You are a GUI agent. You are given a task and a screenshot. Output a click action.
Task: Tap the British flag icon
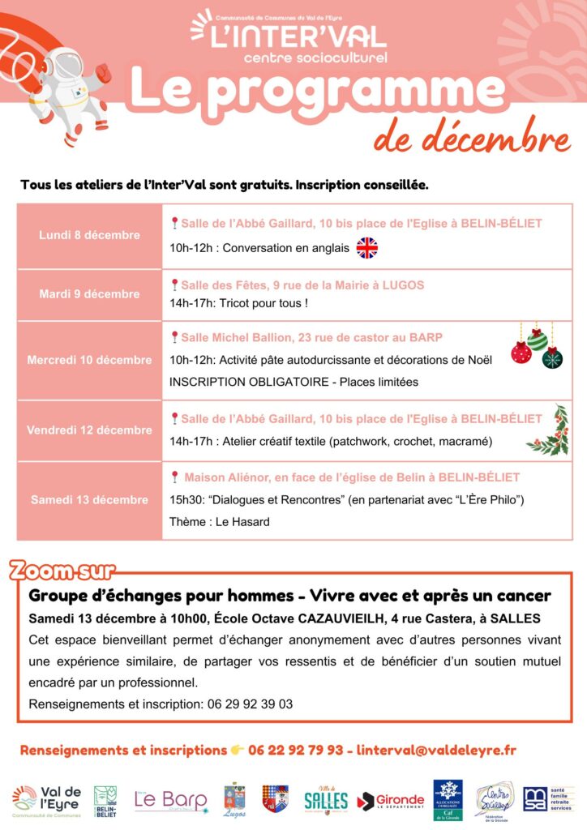[x=367, y=248]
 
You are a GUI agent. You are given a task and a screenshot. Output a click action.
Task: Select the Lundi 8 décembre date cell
[x=89, y=236]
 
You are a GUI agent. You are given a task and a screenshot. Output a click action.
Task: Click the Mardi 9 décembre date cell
[x=89, y=294]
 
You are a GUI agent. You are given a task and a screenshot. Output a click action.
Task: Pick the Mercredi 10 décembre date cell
[x=89, y=360]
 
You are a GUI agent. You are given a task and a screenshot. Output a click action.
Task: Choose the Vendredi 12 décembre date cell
[x=89, y=430]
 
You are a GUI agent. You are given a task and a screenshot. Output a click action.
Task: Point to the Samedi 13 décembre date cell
[x=89, y=500]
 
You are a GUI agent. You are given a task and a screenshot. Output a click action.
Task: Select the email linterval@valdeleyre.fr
[x=436, y=751]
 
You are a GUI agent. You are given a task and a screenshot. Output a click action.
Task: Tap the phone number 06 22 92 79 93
[x=295, y=751]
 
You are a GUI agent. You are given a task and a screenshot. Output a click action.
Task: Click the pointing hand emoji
[x=238, y=751]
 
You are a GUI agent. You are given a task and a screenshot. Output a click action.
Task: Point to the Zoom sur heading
[x=62, y=571]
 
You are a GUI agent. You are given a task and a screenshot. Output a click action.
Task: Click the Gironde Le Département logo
[x=391, y=800]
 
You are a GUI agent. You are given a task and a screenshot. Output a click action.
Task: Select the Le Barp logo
[x=171, y=801]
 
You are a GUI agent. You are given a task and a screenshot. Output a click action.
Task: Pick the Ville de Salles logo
[x=326, y=800]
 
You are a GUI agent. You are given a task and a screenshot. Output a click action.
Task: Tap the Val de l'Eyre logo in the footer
[x=47, y=800]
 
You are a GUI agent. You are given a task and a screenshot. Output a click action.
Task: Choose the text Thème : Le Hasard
[x=219, y=522]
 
